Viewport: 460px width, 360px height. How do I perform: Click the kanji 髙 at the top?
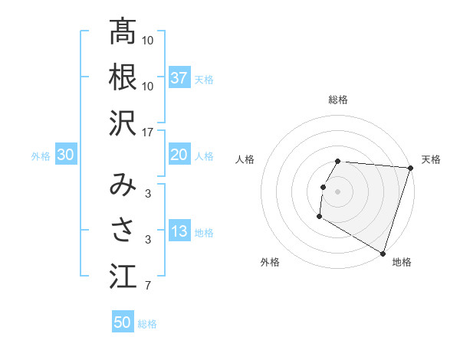[123, 32]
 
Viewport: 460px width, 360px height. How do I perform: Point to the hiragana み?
[123, 185]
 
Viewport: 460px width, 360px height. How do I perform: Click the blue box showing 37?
[179, 78]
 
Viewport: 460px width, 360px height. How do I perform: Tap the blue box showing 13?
[179, 231]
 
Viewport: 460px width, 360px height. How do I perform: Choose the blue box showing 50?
[123, 322]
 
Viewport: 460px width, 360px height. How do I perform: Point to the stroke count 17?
[149, 132]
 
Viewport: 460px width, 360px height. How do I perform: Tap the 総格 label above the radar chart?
[338, 100]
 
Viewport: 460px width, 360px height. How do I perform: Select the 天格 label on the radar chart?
[431, 159]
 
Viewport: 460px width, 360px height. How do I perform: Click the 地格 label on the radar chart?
[402, 263]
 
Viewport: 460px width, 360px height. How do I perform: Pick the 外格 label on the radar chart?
[270, 263]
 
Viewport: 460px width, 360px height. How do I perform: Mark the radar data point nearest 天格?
[410, 168]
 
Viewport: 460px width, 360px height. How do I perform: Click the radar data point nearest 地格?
[383, 252]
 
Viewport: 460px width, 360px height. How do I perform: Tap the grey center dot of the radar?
[337, 191]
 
